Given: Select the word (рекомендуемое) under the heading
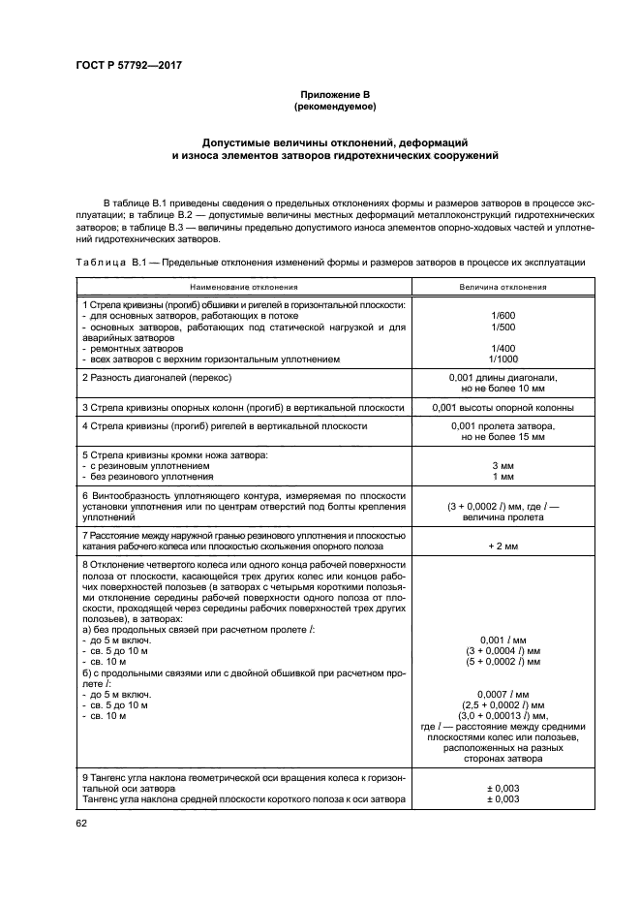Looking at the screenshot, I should pyautogui.click(x=320, y=105).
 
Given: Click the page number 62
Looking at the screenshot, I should pyautogui.click(x=80, y=824).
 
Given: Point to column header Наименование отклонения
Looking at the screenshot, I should pyautogui.click(x=243, y=287).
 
